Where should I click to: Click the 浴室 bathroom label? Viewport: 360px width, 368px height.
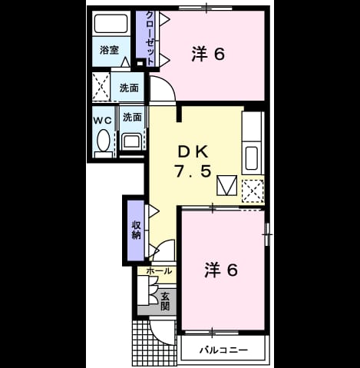pyautogui.click(x=109, y=50)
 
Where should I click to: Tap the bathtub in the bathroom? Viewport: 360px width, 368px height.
pyautogui.click(x=111, y=23)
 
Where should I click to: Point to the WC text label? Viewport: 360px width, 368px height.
pyautogui.click(x=102, y=121)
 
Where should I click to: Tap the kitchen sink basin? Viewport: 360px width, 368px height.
pyautogui.click(x=252, y=158)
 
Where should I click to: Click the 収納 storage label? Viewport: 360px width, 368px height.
pyautogui.click(x=136, y=230)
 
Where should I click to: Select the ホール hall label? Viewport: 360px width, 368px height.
pyautogui.click(x=159, y=271)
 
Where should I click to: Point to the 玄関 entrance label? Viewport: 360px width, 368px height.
pyautogui.click(x=165, y=301)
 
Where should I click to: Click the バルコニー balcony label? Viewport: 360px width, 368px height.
pyautogui.click(x=224, y=350)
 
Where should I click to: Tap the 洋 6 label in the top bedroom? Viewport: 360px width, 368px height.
pyautogui.click(x=208, y=54)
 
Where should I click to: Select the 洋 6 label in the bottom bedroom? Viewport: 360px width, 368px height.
pyautogui.click(x=221, y=270)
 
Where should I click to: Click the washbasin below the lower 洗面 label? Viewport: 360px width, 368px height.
pyautogui.click(x=131, y=142)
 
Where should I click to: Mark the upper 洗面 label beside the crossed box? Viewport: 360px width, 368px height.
pyautogui.click(x=129, y=88)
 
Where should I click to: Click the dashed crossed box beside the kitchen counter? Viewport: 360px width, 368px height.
pyautogui.click(x=253, y=191)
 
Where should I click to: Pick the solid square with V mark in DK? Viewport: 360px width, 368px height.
pyautogui.click(x=226, y=186)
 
